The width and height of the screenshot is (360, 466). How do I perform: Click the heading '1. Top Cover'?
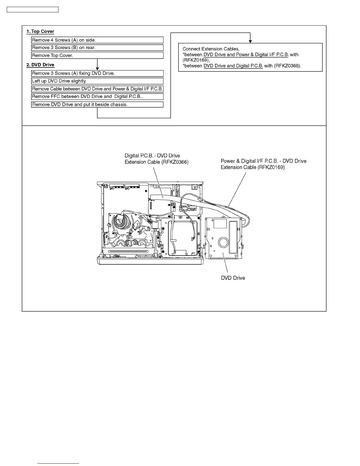tap(40, 31)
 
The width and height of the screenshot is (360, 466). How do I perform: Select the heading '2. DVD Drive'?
tap(40, 65)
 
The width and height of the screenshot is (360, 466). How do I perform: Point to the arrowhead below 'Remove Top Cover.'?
tap(97, 69)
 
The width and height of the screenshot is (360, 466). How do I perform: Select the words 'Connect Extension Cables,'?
tap(211, 49)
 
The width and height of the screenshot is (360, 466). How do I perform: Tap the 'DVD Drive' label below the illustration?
tap(233, 278)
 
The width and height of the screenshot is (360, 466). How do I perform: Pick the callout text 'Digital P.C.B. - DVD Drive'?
tap(152, 156)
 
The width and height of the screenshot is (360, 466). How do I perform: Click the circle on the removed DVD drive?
tap(223, 242)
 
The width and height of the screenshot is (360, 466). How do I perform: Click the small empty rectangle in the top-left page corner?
tap(33, 10)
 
